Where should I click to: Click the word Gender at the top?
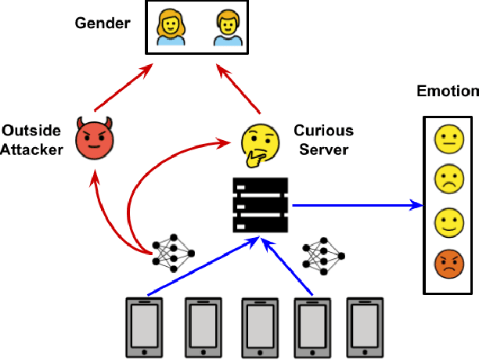102,23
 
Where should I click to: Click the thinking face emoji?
259,142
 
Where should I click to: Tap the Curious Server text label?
323,139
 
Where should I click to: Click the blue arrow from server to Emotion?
352,207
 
